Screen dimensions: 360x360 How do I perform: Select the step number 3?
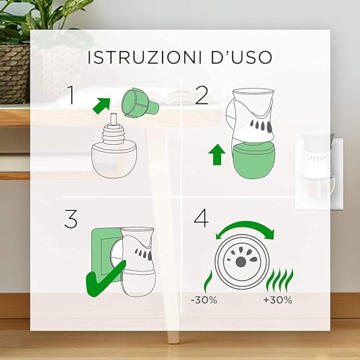click(71, 217)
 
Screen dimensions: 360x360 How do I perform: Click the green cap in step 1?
click(141, 103)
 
